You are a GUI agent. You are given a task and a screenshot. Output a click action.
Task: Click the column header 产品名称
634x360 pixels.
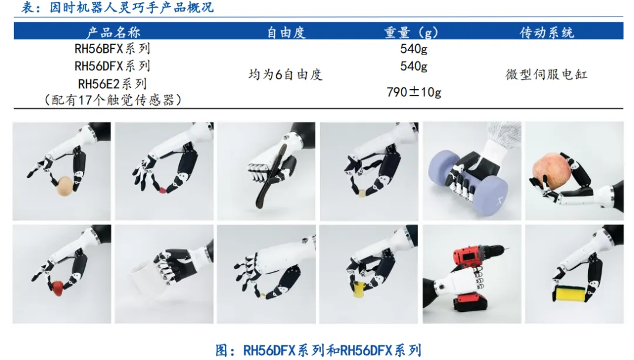113,32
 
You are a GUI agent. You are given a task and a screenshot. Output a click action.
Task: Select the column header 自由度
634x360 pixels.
286,32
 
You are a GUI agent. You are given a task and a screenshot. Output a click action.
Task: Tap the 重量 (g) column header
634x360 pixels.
411,32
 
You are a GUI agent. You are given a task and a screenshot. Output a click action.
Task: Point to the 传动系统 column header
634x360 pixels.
547,32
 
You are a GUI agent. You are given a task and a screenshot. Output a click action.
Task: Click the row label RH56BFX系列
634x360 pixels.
112,49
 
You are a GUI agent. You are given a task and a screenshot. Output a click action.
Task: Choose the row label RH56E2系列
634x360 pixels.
112,84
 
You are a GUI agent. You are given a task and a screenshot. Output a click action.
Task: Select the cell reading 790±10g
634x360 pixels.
414,92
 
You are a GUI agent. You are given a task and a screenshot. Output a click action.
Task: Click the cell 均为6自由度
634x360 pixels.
285,75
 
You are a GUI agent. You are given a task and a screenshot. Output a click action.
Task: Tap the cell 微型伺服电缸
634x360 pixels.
547,75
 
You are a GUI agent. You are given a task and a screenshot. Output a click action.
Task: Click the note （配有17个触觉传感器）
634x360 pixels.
112,99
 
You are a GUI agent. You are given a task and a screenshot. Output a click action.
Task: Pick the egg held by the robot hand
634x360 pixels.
65,186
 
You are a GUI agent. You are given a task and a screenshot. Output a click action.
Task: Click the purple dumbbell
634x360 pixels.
468,180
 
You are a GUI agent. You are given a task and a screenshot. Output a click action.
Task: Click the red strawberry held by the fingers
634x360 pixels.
58,288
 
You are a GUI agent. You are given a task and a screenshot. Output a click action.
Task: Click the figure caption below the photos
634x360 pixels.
318,350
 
